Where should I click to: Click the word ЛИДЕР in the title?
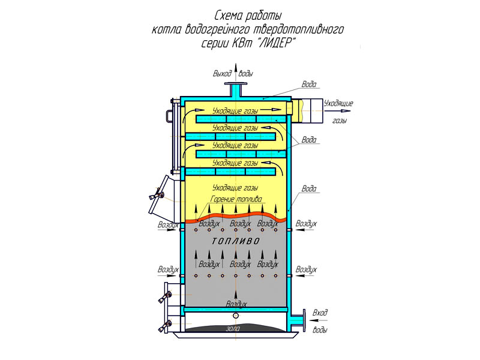pyautogui.click(x=276, y=43)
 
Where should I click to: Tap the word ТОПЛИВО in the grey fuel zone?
pyautogui.click(x=235, y=241)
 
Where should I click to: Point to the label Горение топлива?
pyautogui.click(x=236, y=199)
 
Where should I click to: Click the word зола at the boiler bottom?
pyautogui.click(x=233, y=329)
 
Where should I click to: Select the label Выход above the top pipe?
pyautogui.click(x=222, y=74)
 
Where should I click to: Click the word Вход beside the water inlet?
pyautogui.click(x=320, y=313)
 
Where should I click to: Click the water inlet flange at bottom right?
pyautogui.click(x=304, y=320)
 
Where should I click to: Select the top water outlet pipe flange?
pyautogui.click(x=236, y=84)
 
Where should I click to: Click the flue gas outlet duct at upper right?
pyautogui.click(x=307, y=110)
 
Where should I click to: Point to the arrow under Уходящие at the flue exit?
pyautogui.click(x=341, y=111)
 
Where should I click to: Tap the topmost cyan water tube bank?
pyautogui.click(x=241, y=119)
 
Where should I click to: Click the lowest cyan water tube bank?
pyautogui.click(x=230, y=172)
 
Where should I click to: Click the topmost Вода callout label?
pyautogui.click(x=309, y=84)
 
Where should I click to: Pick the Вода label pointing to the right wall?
pyautogui.click(x=309, y=188)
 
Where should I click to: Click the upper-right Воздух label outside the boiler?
pyautogui.click(x=306, y=223)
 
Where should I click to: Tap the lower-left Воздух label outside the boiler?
pyautogui.click(x=168, y=269)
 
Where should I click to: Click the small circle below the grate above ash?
pyautogui.click(x=236, y=316)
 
